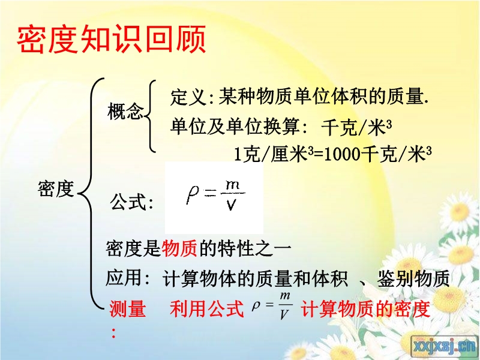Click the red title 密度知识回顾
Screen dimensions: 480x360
tap(112, 40)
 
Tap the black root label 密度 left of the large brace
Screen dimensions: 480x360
tap(56, 189)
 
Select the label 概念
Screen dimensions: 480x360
tap(125, 111)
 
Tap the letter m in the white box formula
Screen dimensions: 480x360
tap(232, 185)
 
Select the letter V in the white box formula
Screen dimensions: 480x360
tap(231, 205)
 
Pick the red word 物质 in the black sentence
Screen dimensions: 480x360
tap(179, 248)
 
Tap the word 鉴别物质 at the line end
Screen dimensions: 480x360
tap(413, 278)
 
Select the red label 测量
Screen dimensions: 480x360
tap(128, 308)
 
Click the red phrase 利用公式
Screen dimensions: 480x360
tap(206, 308)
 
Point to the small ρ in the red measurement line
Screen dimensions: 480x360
tap(256, 305)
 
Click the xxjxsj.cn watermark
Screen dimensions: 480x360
tap(445, 346)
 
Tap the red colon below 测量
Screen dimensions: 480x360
tap(113, 333)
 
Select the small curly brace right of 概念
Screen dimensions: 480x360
tap(150, 116)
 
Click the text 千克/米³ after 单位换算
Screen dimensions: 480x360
tap(356, 127)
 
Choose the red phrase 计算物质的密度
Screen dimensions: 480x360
tap(365, 308)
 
